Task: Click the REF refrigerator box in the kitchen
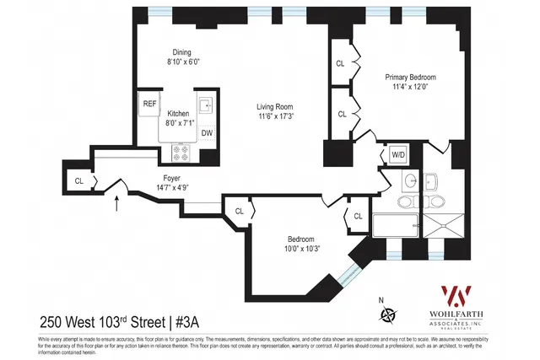pyautogui.click(x=149, y=104)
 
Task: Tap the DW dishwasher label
pyautogui.click(x=207, y=133)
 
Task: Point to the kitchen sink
pyautogui.click(x=206, y=105)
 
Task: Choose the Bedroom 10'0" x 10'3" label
pyautogui.click(x=301, y=243)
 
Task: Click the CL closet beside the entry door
pyautogui.click(x=78, y=180)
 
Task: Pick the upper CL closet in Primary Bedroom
pyautogui.click(x=341, y=63)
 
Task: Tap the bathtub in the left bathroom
pyautogui.click(x=396, y=225)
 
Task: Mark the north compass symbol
pyautogui.click(x=388, y=314)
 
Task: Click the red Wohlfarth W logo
pyautogui.click(x=457, y=296)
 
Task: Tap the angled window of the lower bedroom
pyautogui.click(x=347, y=273)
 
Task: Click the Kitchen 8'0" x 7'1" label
pyautogui.click(x=178, y=119)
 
